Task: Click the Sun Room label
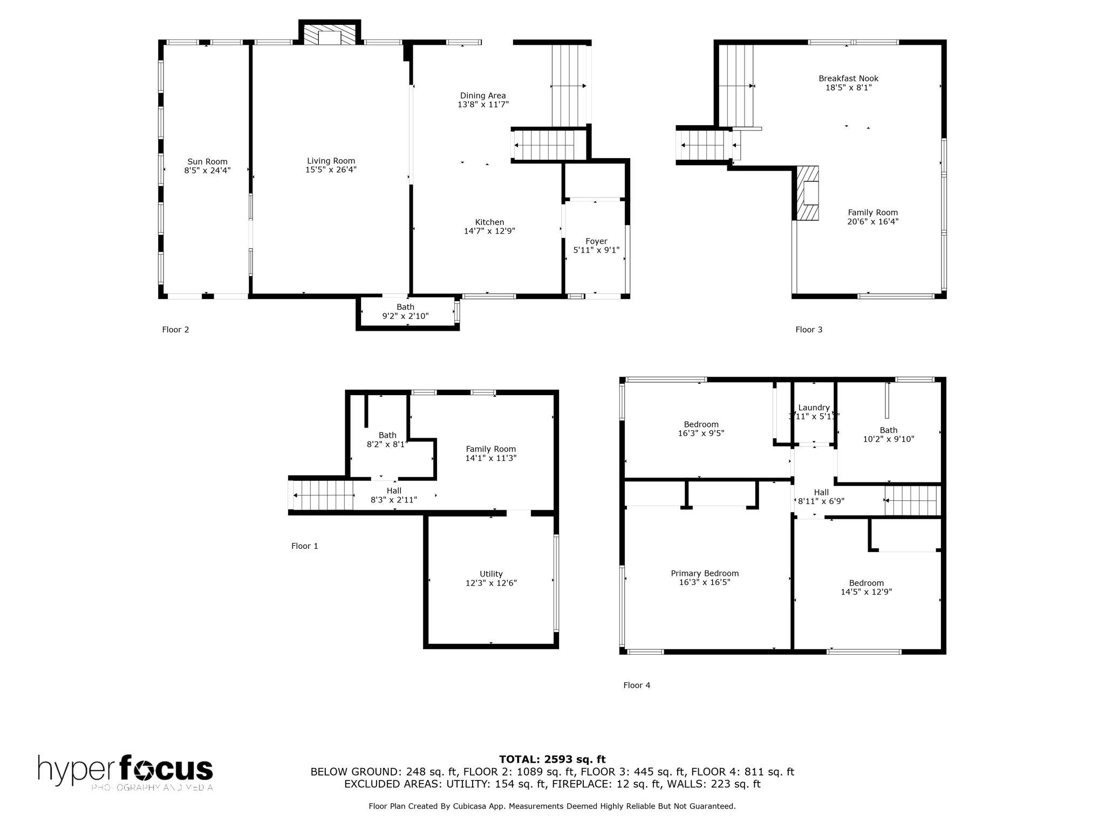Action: pos(207,161)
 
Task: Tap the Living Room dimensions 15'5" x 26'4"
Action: pos(331,169)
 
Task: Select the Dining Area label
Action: pos(483,96)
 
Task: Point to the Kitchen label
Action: pos(489,222)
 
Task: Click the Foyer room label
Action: pos(596,241)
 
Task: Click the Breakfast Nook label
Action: pos(848,78)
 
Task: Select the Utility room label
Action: pos(491,574)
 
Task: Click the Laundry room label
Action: pos(814,407)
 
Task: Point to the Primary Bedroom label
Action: pos(705,573)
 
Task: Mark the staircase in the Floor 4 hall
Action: pos(912,500)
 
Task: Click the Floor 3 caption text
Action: pos(809,329)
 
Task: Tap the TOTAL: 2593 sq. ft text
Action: pos(552,759)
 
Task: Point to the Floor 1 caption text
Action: pos(305,546)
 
